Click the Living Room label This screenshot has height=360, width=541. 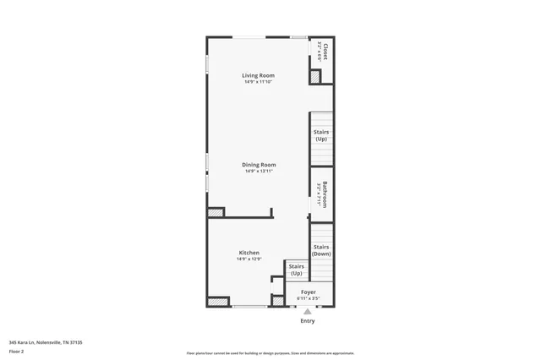click(x=259, y=75)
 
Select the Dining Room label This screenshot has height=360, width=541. click(x=260, y=165)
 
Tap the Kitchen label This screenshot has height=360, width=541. click(x=249, y=253)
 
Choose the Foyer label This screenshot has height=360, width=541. click(x=309, y=292)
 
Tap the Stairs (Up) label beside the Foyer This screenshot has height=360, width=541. click(x=297, y=270)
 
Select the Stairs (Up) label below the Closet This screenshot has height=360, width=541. click(x=321, y=135)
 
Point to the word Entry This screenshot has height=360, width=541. click(x=308, y=321)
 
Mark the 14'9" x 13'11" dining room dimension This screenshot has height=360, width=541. click(x=260, y=172)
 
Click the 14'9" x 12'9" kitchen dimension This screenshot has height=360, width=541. click(x=249, y=259)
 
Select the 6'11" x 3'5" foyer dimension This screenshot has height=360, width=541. click(x=309, y=298)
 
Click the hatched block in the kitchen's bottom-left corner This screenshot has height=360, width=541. click(x=218, y=301)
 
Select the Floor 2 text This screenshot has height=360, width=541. click(x=17, y=351)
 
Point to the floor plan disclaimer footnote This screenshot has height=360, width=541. click(x=270, y=353)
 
